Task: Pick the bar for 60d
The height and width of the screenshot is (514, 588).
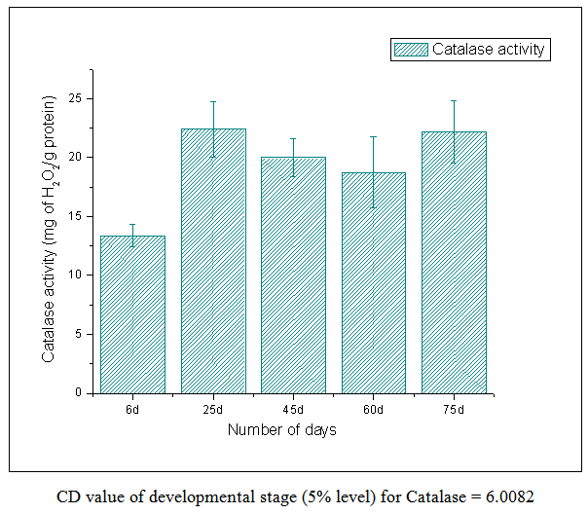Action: click(373, 282)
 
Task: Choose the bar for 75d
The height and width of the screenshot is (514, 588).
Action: click(454, 262)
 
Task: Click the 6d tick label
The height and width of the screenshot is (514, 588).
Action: click(132, 407)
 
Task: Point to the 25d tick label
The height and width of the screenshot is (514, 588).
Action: click(212, 407)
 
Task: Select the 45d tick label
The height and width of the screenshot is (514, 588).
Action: click(293, 407)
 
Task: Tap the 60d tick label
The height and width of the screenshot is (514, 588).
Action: click(373, 407)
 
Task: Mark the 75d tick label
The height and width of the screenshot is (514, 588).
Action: click(454, 407)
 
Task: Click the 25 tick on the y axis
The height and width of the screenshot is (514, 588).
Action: click(80, 98)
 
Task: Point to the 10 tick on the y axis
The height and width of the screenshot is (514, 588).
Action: click(80, 275)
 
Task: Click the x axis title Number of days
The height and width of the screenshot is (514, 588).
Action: click(282, 429)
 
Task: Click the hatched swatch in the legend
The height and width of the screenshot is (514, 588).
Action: click(409, 49)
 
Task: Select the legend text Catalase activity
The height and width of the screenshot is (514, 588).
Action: click(490, 49)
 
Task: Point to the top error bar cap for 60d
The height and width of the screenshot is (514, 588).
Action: click(373, 137)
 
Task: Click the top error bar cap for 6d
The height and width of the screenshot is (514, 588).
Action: click(132, 225)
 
